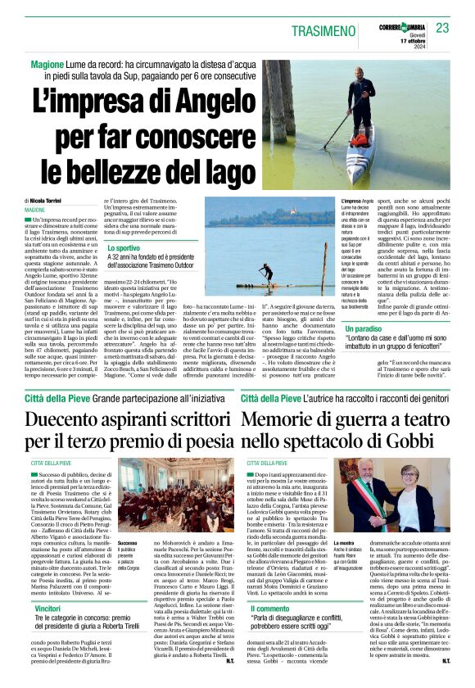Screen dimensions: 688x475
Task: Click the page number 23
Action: coord(443,27)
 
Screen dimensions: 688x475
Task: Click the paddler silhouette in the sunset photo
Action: coord(266,269)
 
